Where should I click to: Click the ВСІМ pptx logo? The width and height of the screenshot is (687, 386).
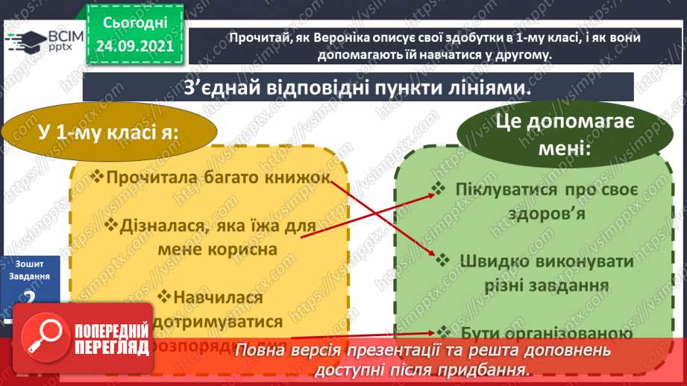43,44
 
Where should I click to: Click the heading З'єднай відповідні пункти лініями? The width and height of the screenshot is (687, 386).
358,87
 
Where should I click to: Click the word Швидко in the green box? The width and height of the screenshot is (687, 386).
495,262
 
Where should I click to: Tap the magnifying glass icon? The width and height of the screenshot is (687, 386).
42,335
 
